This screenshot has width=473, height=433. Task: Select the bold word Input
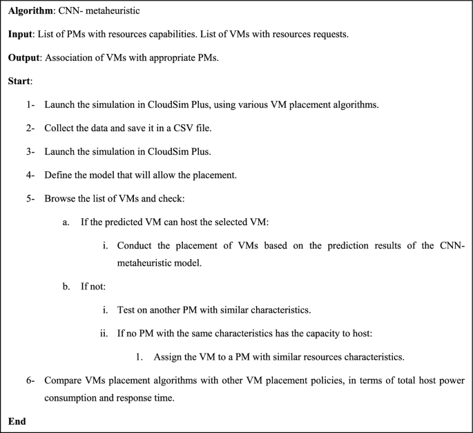(x=21, y=35)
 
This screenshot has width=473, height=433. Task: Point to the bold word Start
(x=20, y=81)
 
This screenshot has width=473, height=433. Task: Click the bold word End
(x=17, y=421)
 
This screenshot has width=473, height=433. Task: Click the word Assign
(x=168, y=358)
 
